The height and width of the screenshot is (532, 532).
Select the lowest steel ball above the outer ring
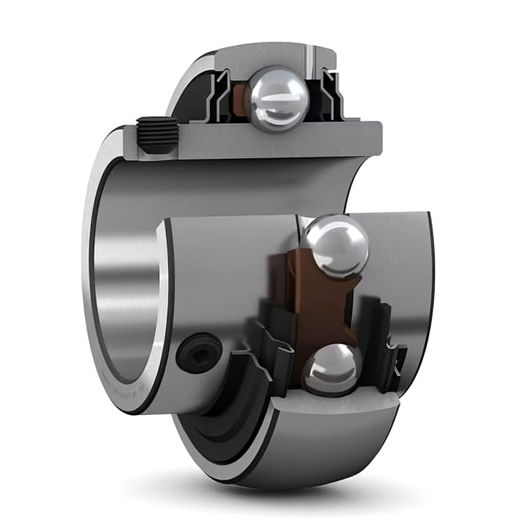pos(329,369)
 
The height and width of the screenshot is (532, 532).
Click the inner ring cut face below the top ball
pos(284,142)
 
